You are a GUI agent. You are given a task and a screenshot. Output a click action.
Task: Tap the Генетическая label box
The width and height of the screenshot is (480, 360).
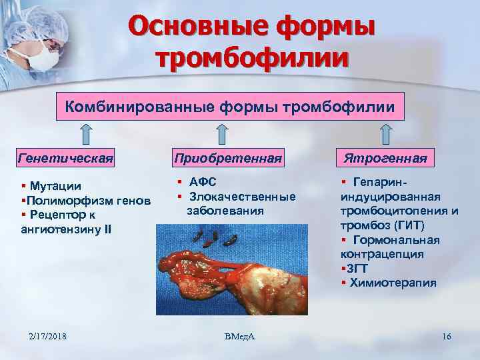[64, 159]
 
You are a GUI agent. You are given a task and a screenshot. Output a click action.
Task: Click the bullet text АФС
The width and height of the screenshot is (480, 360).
[203, 182]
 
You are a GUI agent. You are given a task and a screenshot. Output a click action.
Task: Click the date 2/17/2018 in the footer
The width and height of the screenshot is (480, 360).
[48, 337]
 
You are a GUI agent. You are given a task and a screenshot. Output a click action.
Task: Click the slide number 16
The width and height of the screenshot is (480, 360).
[446, 337]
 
